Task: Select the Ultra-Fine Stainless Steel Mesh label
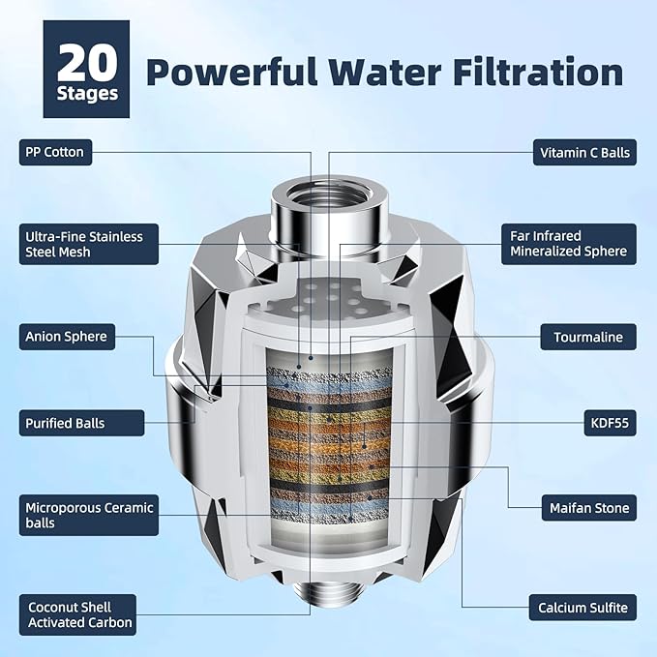pos(82,244)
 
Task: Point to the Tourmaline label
pos(587,337)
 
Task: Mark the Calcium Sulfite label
pos(582,609)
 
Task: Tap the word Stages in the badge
pos(86,94)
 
